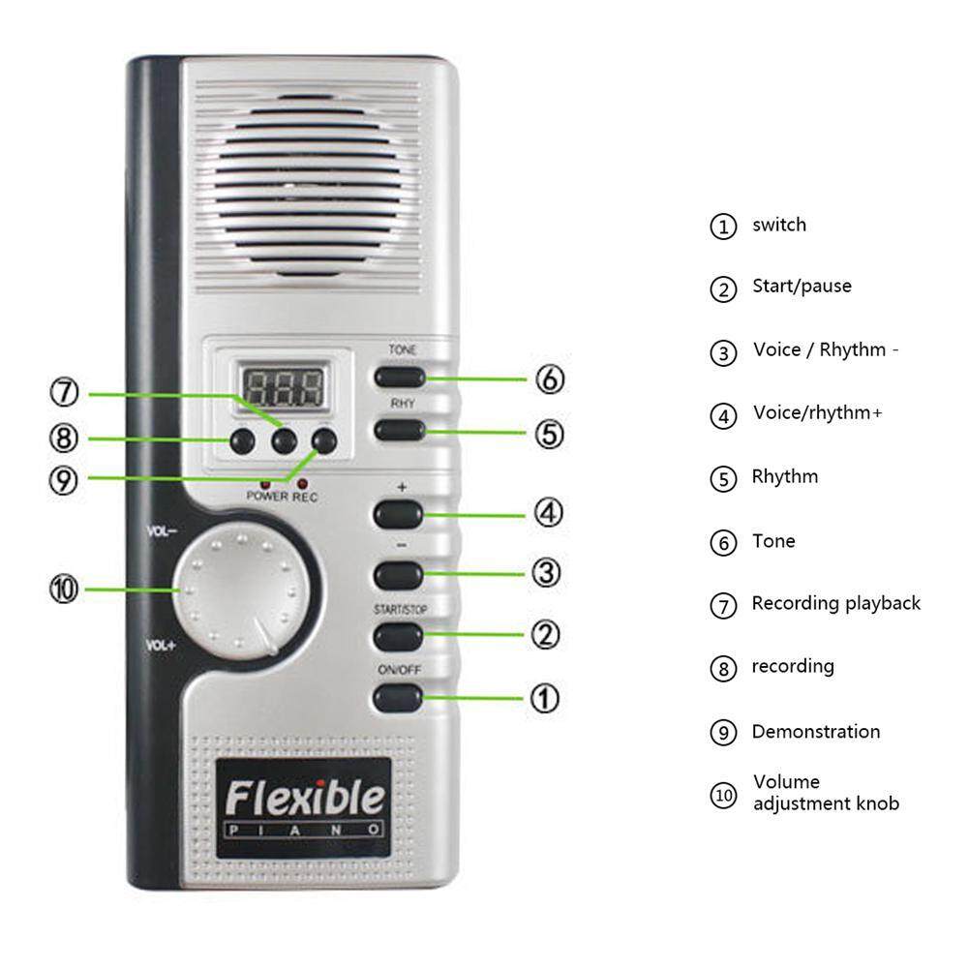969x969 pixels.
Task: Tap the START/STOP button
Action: coord(399,636)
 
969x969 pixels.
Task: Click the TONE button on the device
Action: coord(400,377)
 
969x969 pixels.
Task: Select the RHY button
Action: coord(400,430)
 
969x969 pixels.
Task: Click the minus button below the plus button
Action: coord(399,575)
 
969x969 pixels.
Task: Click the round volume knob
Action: coord(241,590)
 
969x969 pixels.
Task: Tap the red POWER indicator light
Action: coord(266,485)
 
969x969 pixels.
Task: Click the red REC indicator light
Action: coord(302,484)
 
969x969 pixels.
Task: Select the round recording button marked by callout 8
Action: coord(242,441)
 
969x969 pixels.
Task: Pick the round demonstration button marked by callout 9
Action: coord(324,441)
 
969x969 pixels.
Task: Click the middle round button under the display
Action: coord(285,441)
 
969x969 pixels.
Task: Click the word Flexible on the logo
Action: coord(304,798)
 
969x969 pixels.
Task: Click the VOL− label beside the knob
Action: coord(162,530)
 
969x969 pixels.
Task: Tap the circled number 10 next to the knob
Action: coord(64,589)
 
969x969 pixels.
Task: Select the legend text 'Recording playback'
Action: coord(836,603)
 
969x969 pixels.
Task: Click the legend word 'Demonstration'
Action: coord(816,732)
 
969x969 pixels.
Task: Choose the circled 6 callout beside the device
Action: coord(550,379)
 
